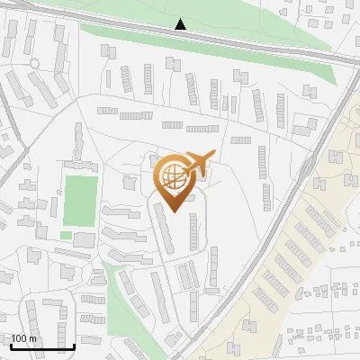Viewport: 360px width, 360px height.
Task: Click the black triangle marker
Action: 181,24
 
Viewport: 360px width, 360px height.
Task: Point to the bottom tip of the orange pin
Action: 175,211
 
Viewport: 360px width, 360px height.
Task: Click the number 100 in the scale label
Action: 20,338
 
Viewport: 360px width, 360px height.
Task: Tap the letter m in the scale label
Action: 33,338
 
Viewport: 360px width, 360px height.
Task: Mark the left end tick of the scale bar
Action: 11,346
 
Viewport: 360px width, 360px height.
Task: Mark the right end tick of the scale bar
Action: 74,346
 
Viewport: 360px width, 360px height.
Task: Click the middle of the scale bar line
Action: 42,347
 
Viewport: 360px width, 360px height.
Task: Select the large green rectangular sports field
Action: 80,200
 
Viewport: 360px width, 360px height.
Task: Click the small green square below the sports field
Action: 66,236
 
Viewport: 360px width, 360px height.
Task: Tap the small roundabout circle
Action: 35,63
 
